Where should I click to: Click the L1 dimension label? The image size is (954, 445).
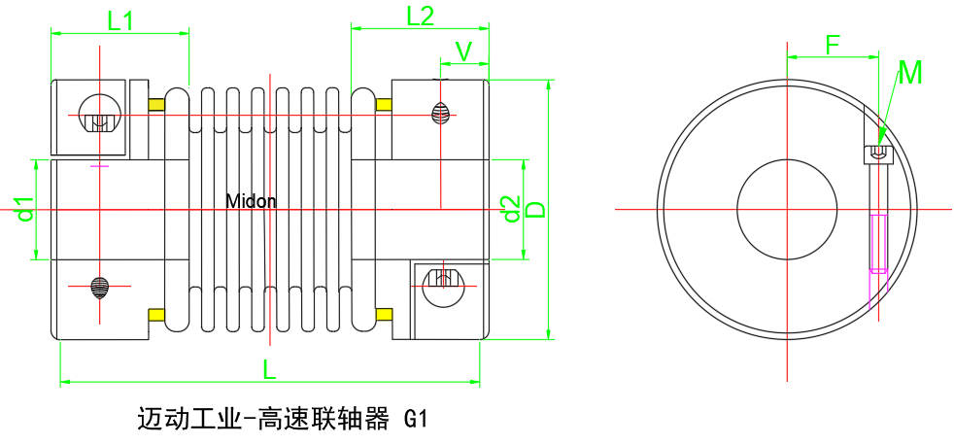point(120,19)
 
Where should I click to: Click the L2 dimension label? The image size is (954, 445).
point(420,16)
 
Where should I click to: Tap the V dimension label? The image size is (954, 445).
point(463,51)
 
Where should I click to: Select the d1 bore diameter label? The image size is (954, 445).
point(24,208)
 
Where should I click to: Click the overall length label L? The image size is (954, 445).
point(269,368)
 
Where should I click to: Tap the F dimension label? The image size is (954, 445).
point(833,44)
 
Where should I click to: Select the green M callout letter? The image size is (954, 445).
point(910,73)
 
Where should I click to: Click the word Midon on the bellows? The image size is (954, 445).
point(251,202)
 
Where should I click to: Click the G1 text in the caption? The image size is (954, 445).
point(415,420)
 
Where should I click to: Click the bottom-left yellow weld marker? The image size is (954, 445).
point(155,314)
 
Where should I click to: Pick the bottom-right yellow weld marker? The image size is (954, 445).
point(384,314)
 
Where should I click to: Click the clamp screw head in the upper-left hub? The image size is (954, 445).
point(97,120)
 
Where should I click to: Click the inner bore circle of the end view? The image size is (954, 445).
point(787,209)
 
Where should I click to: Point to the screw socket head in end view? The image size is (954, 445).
point(877,154)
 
